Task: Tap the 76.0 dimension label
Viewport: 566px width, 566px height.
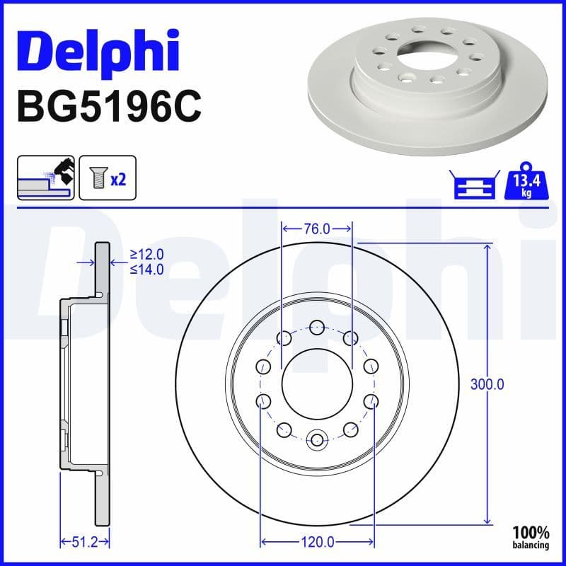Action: pos(317,229)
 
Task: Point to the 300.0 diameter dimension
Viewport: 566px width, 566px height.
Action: pos(487,385)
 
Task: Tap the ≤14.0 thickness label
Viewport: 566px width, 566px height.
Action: pos(147,269)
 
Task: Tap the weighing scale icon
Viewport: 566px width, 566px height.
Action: pos(473,185)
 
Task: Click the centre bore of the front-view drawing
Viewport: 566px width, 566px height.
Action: pos(317,385)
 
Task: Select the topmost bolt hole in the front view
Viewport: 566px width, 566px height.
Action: pos(317,327)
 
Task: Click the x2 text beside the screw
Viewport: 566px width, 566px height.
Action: pos(118,180)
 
